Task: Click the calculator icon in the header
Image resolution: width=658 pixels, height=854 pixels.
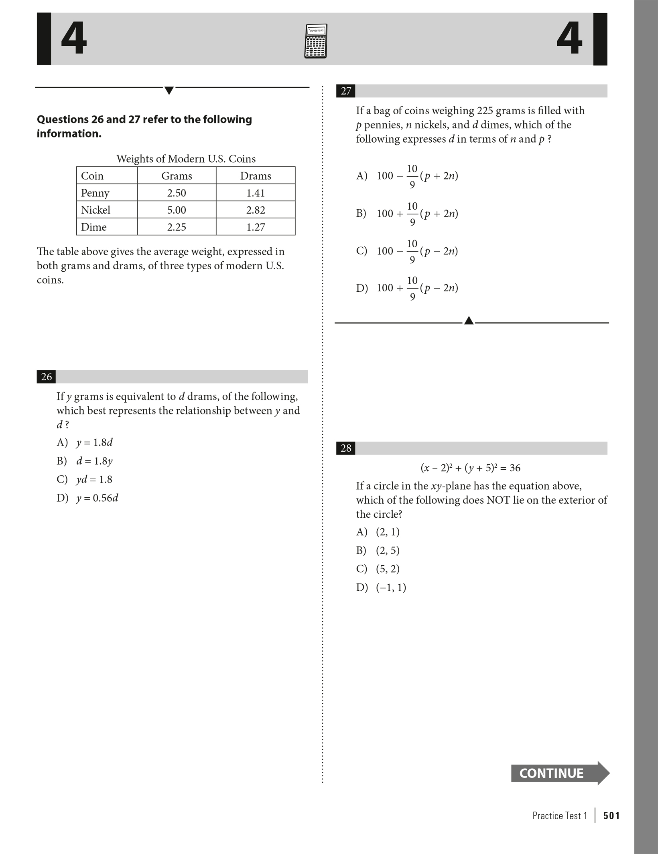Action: (315, 41)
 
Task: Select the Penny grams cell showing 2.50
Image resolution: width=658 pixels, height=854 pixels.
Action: (177, 193)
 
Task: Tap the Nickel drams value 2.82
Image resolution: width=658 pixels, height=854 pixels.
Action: (256, 210)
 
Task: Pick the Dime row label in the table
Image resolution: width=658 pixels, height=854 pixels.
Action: (94, 227)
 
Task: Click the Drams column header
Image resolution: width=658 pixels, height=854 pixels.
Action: (256, 176)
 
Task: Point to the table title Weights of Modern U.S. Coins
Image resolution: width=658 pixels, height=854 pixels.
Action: (186, 159)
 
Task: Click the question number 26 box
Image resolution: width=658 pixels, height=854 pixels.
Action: (46, 377)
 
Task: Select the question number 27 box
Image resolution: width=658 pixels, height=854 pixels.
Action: (345, 91)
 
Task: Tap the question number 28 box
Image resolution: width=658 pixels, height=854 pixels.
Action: (345, 448)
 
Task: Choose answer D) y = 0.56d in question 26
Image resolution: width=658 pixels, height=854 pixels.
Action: (87, 498)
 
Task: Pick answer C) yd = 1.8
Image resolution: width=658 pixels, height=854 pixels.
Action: (85, 480)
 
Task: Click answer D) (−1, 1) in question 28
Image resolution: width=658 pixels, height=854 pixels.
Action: (381, 588)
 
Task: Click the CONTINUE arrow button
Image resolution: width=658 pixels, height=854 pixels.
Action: (559, 773)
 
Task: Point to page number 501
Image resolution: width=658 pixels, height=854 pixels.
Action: (611, 816)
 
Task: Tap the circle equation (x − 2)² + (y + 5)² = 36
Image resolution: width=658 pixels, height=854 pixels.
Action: (470, 468)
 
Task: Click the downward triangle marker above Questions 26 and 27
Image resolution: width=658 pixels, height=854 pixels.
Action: (169, 91)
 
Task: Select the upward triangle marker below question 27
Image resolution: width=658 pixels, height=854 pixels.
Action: (469, 321)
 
